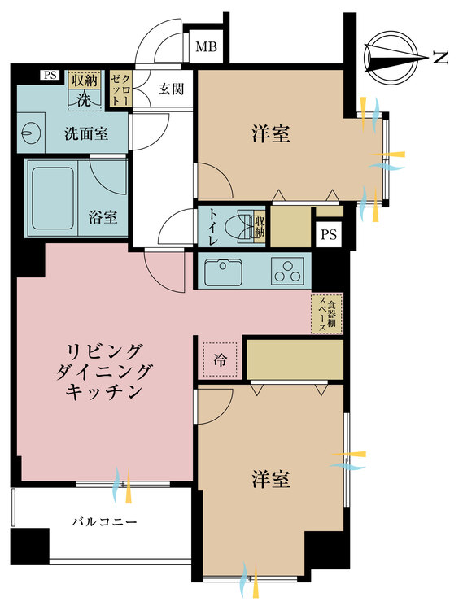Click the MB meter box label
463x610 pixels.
coord(206,47)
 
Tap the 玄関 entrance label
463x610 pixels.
coord(171,89)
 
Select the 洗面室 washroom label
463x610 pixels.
coord(86,134)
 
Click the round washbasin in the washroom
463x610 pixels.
coord(30,133)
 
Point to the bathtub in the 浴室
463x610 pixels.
coord(53,198)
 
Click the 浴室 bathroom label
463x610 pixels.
coord(103,217)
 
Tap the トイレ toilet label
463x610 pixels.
coord(214,227)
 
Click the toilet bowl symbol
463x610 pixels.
coord(244,227)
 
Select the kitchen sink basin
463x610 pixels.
coord(223,271)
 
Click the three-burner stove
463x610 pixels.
coord(287,271)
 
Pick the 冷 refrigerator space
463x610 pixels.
coord(220,359)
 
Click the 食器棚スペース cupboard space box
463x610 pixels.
coord(327,314)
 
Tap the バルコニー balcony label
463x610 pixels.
coord(104,521)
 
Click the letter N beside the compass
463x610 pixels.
coord(440,59)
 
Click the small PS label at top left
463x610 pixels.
coord(50,75)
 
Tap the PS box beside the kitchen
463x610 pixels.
coord(329,234)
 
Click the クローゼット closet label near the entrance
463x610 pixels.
coord(121,89)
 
